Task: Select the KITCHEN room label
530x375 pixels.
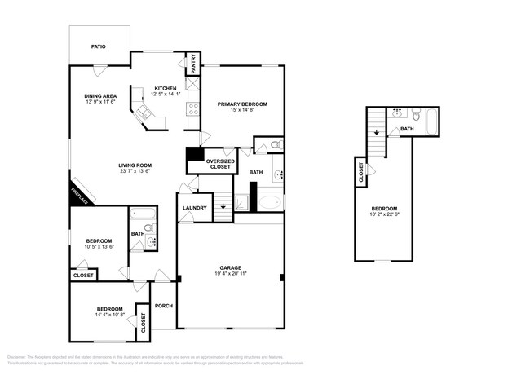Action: (166, 88)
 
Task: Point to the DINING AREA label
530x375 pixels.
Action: (100, 96)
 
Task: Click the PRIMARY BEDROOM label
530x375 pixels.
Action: (242, 104)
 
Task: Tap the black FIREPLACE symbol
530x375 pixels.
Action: (81, 194)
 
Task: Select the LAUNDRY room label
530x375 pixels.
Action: (194, 208)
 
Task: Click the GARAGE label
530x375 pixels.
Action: (229, 267)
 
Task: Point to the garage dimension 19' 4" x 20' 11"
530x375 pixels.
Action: (229, 274)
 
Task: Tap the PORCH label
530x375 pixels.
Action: (164, 307)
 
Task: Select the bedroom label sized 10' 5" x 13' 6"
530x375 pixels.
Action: (99, 242)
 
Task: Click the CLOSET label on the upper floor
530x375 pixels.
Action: (361, 172)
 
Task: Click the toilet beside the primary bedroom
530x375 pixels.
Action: (276, 145)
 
